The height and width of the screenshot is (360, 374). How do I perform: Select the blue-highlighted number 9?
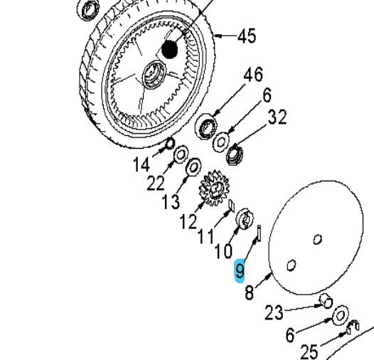click(241, 270)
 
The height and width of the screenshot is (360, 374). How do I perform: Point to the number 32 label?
click(277, 117)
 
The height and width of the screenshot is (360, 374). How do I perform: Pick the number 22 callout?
click(156, 183)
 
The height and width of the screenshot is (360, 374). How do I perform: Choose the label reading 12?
click(188, 222)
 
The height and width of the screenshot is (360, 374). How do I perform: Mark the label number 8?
click(250, 292)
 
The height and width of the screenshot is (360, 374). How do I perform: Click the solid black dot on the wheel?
click(169, 49)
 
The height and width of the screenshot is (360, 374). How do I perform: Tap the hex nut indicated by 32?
click(235, 151)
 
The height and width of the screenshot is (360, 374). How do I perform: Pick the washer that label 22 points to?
click(181, 154)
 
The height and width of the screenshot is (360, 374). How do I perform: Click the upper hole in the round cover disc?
click(318, 240)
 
